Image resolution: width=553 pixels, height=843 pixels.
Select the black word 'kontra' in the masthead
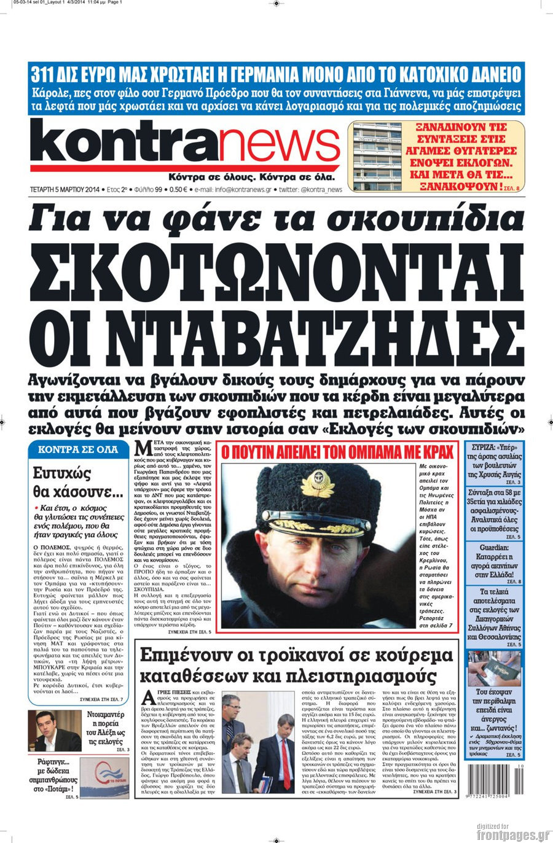pyautogui.click(x=123, y=141)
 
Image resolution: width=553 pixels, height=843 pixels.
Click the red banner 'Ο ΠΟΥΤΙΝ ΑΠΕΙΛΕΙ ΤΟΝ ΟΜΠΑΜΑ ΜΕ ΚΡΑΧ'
pyautogui.click(x=337, y=453)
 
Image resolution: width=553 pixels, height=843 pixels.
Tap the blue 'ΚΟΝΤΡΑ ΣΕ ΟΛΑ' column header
pyautogui.click(x=78, y=449)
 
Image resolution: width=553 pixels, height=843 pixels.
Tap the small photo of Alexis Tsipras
pyautogui.click(x=55, y=731)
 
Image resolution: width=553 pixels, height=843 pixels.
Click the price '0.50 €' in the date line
pyautogui.click(x=179, y=190)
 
